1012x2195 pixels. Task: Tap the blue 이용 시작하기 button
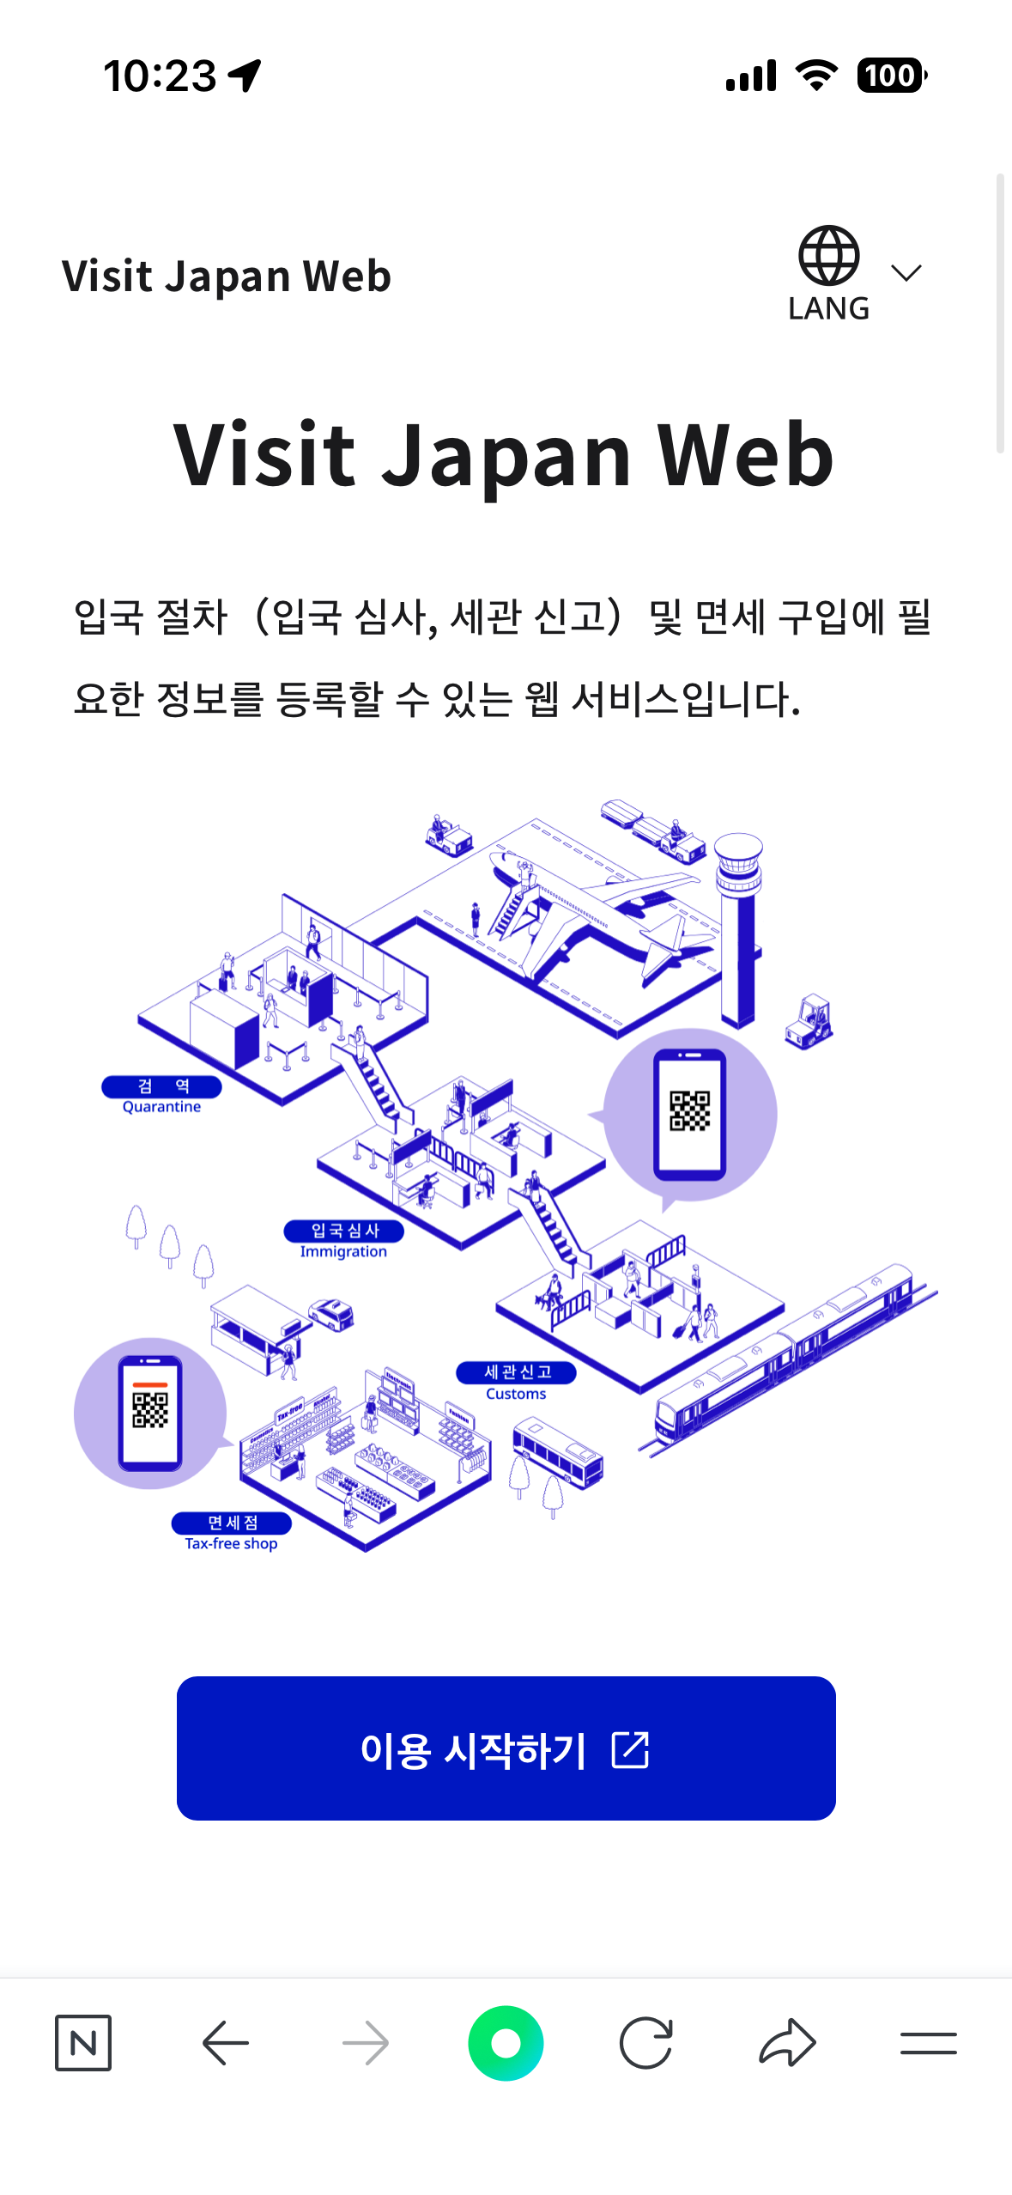tap(506, 1748)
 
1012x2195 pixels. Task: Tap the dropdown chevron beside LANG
tap(906, 273)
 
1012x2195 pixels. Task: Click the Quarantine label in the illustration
tap(161, 1096)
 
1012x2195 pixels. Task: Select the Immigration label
tap(343, 1240)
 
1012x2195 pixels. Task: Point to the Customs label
tap(516, 1382)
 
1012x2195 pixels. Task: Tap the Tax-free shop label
tap(231, 1532)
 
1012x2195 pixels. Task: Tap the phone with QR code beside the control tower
tap(689, 1114)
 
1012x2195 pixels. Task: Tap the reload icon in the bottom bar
tap(645, 2043)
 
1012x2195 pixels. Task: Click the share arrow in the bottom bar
tap(787, 2042)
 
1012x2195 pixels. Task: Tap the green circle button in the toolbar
tap(506, 2043)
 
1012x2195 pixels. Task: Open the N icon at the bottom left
tap(83, 2043)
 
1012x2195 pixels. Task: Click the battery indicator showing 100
tap(891, 76)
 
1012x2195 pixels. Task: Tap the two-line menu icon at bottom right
tap(928, 2043)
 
